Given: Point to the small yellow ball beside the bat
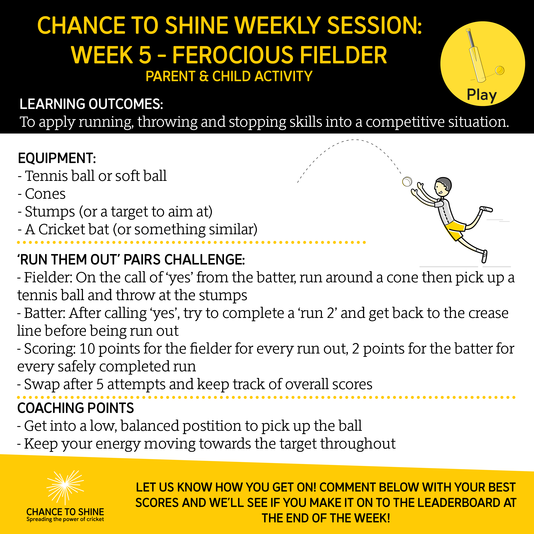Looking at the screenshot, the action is point(500,70).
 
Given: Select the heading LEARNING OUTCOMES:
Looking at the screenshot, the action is point(91,104).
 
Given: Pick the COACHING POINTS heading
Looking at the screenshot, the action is point(75,408).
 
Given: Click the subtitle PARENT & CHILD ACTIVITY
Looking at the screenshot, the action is point(229,76).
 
